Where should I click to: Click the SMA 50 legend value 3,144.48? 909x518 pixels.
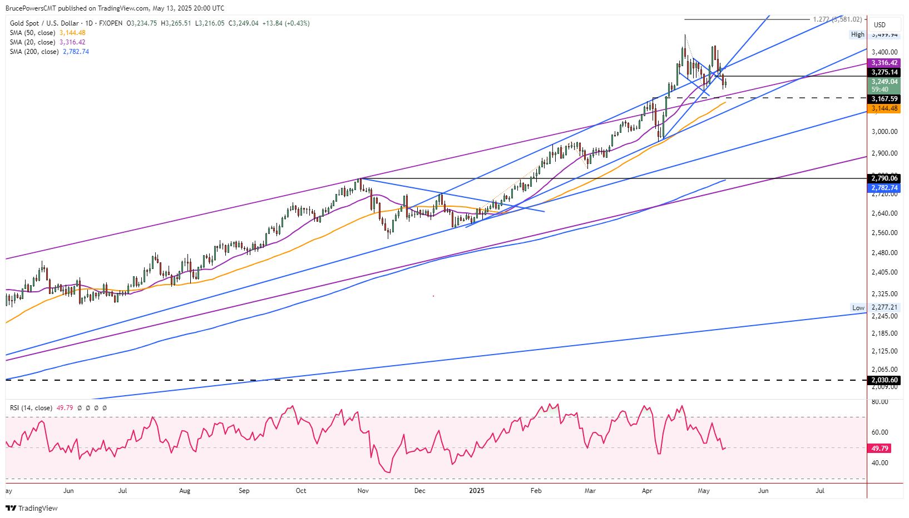coord(72,33)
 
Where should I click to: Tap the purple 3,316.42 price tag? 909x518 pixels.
coord(885,63)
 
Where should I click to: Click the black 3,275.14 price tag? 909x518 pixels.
coord(885,72)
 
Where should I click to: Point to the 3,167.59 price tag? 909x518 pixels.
coord(885,99)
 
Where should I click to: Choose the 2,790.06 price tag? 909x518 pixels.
coord(885,178)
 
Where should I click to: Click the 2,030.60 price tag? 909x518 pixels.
coord(885,380)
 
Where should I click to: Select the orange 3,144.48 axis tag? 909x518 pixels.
coord(885,108)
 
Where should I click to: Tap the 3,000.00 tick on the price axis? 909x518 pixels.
coord(885,132)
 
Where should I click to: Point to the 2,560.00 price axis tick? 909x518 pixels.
coord(885,233)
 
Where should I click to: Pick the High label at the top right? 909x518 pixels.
coord(858,34)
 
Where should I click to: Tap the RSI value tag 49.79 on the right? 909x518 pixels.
coord(880,448)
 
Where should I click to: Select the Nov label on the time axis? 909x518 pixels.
coord(363,491)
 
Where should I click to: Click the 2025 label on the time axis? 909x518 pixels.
coord(477,491)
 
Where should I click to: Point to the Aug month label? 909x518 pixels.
coord(185,491)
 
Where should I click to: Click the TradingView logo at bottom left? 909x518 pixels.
coord(32,508)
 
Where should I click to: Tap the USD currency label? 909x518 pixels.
coord(880,24)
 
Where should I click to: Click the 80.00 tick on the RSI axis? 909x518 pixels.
coord(880,402)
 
